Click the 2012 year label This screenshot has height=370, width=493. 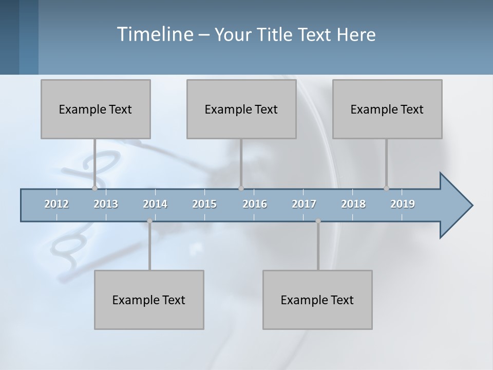(x=56, y=204)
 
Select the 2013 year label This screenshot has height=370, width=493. (x=106, y=204)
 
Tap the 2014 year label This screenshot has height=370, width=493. (x=155, y=204)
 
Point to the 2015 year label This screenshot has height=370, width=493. (x=204, y=204)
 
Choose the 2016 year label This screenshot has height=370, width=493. (x=255, y=204)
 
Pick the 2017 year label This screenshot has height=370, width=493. (x=304, y=204)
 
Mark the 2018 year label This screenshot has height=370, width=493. (x=353, y=204)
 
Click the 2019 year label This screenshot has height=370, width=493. (x=403, y=204)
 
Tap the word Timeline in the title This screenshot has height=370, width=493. (x=154, y=34)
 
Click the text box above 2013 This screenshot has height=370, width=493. (x=96, y=109)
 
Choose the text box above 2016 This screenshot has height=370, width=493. (x=241, y=109)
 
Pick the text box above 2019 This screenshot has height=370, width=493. (x=387, y=109)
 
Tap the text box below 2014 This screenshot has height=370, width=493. (x=149, y=300)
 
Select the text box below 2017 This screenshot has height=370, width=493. (x=317, y=300)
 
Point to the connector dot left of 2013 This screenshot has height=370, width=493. (x=94, y=188)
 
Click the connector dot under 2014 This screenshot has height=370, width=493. (x=149, y=221)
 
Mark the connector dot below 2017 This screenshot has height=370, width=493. (x=318, y=221)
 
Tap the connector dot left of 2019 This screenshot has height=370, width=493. (x=386, y=188)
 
